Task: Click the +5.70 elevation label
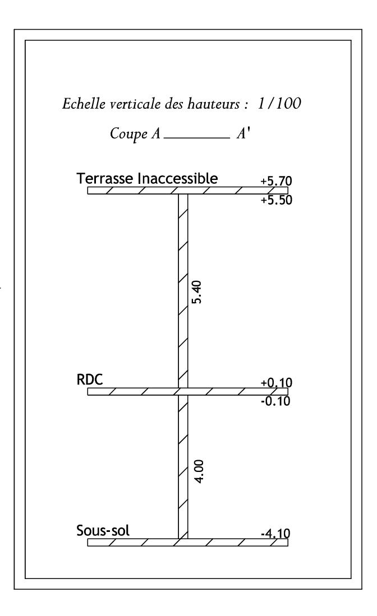(x=277, y=181)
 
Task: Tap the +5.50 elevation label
(x=277, y=200)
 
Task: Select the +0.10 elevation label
(x=277, y=383)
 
